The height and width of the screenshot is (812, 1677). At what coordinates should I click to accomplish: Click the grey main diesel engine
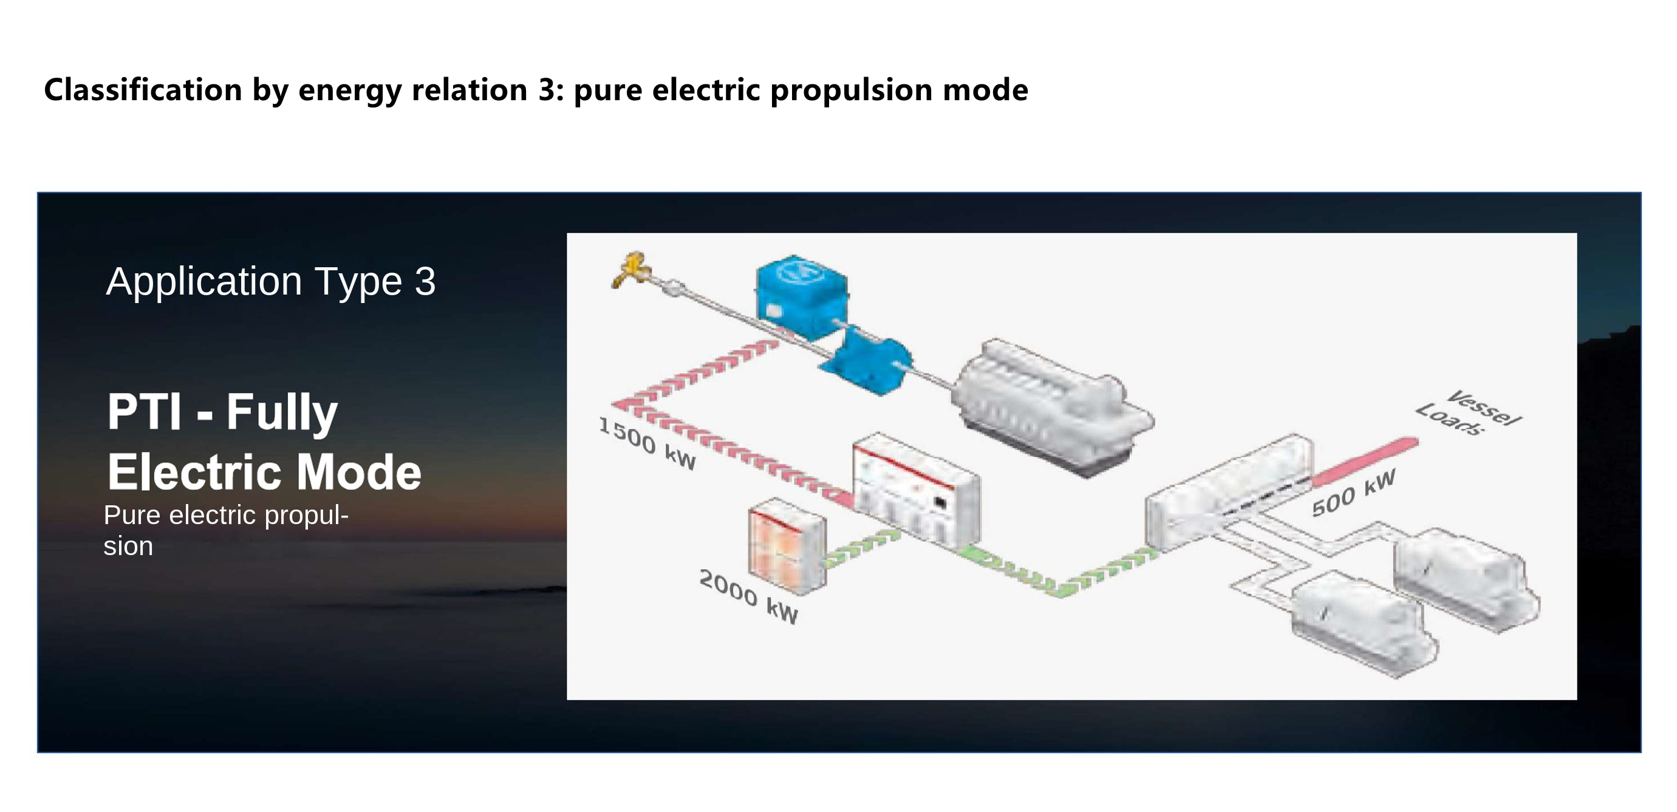[1051, 408]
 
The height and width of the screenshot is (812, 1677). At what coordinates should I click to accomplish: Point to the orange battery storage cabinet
[788, 545]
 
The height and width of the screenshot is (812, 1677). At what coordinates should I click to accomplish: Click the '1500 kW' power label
[647, 443]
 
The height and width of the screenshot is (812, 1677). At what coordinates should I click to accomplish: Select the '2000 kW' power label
[749, 596]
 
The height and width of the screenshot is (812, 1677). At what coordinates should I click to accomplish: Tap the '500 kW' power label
[1353, 493]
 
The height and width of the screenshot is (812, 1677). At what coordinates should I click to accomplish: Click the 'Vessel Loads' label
[1469, 413]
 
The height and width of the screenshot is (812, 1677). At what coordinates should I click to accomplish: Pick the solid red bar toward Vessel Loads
[1365, 462]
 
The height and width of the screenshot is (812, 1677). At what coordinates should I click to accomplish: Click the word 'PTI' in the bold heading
[145, 412]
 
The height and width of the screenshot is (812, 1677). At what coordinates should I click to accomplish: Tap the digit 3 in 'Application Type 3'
[425, 281]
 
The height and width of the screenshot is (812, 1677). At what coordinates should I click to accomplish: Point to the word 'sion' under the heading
[128, 547]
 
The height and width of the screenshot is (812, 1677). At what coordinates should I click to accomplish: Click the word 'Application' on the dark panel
[203, 282]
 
